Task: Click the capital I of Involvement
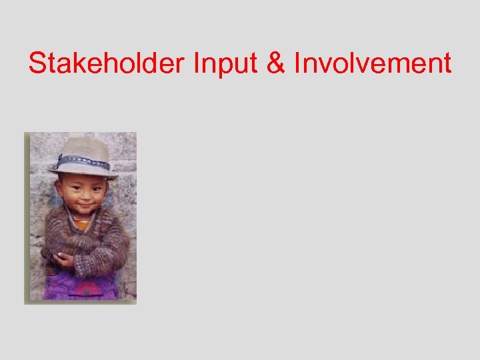click(x=298, y=63)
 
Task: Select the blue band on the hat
click(x=83, y=162)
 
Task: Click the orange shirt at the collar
click(x=81, y=224)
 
